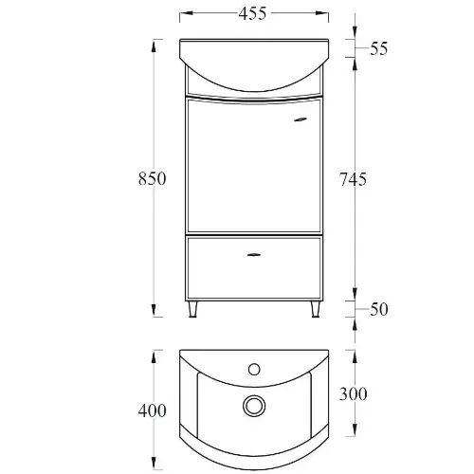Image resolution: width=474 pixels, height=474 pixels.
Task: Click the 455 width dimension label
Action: (252, 13)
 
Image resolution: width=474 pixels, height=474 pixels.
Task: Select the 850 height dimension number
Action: (152, 178)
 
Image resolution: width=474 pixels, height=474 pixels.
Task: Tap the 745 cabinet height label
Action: (353, 179)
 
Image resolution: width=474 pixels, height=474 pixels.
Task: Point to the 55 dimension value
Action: (378, 48)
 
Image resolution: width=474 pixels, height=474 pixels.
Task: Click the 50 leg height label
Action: (379, 309)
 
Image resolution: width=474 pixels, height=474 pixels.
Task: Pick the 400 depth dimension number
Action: (152, 410)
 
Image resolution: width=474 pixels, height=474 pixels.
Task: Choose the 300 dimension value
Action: (353, 394)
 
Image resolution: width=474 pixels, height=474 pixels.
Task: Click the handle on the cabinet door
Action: (301, 119)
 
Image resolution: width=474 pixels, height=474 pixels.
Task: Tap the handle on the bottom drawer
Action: (254, 255)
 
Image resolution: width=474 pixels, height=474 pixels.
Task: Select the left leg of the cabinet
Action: (192, 309)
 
